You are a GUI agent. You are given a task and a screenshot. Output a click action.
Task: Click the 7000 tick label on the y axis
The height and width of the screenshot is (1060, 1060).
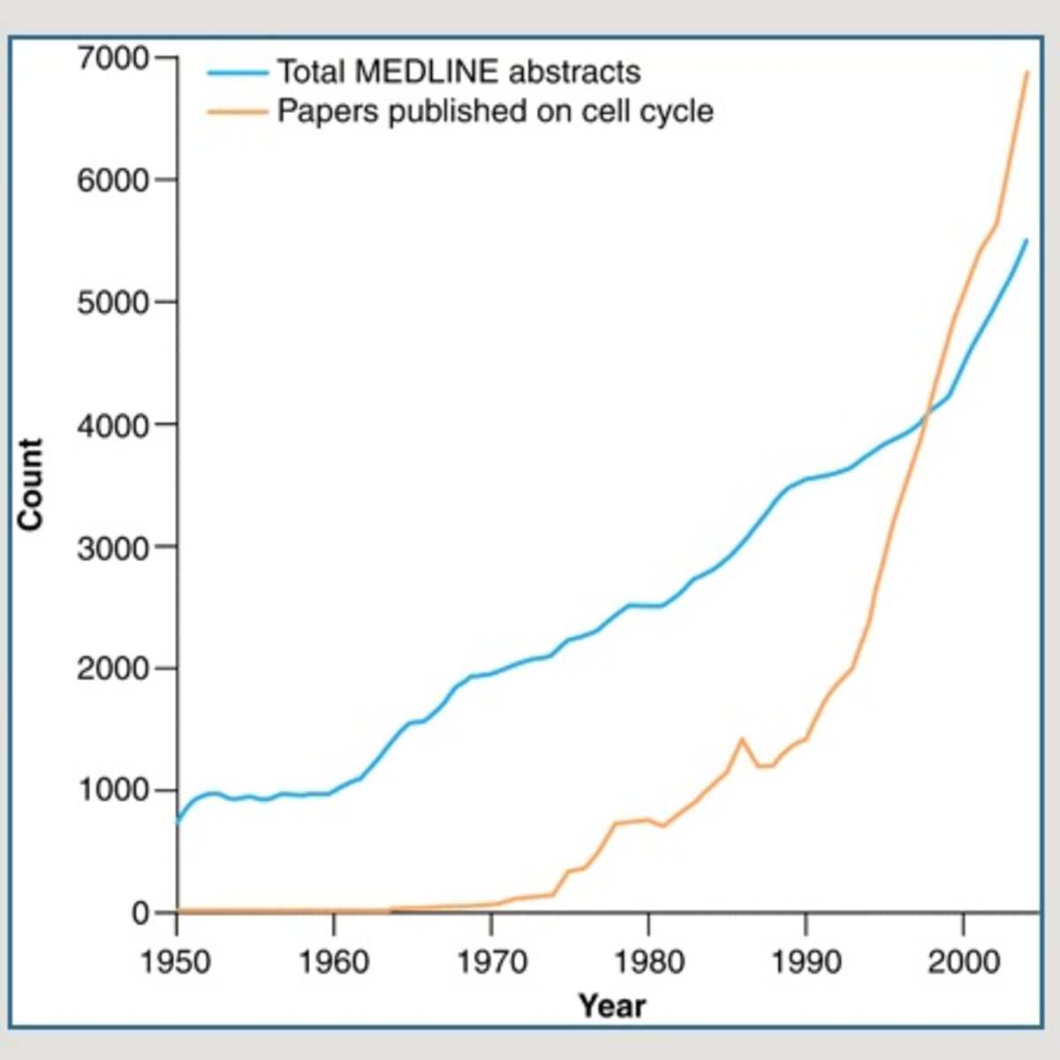click(113, 58)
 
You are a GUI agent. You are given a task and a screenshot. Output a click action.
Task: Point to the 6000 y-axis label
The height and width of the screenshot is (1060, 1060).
click(113, 180)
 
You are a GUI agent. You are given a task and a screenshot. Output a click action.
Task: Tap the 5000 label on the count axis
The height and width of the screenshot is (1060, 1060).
click(113, 303)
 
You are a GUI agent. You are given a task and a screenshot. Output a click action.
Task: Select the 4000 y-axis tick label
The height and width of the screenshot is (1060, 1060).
click(113, 425)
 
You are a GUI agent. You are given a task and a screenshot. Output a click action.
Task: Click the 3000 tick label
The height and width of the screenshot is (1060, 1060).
click(113, 548)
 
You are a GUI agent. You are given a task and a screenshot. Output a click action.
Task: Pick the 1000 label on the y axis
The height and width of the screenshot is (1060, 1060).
click(113, 791)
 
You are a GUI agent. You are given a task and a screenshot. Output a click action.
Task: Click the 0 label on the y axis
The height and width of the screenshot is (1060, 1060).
click(140, 913)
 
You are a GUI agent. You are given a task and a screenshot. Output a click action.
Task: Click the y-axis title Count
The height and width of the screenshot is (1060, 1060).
click(31, 484)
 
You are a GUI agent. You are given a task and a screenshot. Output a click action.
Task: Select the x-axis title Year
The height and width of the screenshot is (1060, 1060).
click(612, 1006)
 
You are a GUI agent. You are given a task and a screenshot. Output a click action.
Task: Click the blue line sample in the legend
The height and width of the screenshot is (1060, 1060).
click(238, 72)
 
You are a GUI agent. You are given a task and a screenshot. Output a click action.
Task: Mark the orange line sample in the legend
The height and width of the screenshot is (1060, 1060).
click(238, 111)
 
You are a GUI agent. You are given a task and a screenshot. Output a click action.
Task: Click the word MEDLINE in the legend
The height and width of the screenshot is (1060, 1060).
click(427, 72)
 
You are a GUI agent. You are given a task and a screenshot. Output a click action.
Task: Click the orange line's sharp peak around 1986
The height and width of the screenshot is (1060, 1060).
click(742, 738)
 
